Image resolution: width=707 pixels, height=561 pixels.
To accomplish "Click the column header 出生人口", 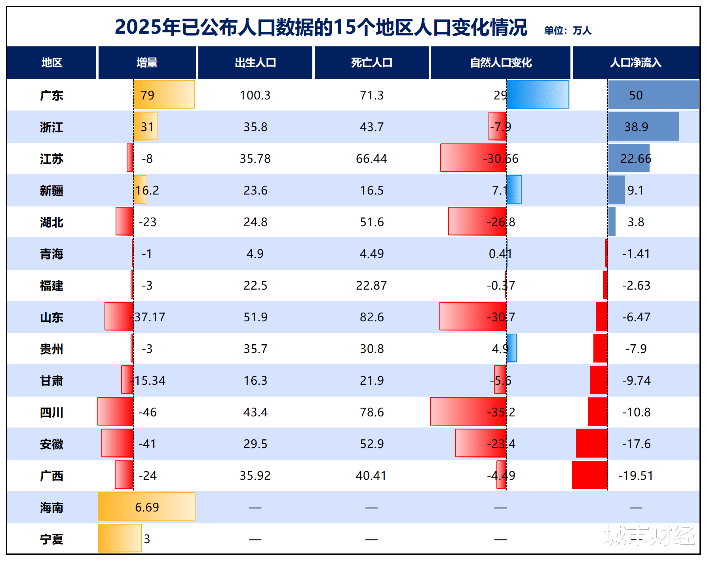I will pyautogui.click(x=255, y=63).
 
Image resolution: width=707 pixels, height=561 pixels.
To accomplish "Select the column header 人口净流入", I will pyautogui.click(x=635, y=63).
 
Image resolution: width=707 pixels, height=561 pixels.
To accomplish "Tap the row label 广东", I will pyautogui.click(x=51, y=95).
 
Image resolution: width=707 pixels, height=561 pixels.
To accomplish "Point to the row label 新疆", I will pyautogui.click(x=51, y=191).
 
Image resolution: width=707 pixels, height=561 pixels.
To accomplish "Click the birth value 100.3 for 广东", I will pyautogui.click(x=255, y=95).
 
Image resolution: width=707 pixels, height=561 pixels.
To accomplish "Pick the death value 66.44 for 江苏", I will pyautogui.click(x=371, y=159).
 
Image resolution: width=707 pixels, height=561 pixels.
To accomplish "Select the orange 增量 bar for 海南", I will pyautogui.click(x=146, y=506).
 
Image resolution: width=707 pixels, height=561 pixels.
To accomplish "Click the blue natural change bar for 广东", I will pyautogui.click(x=538, y=94).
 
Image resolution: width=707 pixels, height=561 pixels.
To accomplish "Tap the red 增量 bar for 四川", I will pyautogui.click(x=116, y=412).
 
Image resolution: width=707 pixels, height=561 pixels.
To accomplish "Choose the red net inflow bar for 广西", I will pyautogui.click(x=589, y=475).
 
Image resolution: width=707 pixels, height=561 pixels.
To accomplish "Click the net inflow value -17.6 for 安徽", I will pyautogui.click(x=636, y=444).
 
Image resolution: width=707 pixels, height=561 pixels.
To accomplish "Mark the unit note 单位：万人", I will pyautogui.click(x=568, y=31).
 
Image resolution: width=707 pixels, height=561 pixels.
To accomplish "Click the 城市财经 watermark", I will pyautogui.click(x=649, y=535).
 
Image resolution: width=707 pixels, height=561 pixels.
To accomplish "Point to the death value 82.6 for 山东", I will pyautogui.click(x=371, y=317).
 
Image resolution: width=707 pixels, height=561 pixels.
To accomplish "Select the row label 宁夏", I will pyautogui.click(x=51, y=539).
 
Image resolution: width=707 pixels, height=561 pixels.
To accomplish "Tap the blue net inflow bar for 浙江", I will pyautogui.click(x=643, y=126).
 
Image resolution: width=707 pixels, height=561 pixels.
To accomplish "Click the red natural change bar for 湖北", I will pyautogui.click(x=477, y=221).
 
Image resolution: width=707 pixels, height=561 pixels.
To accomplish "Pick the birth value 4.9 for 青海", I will pyautogui.click(x=255, y=254).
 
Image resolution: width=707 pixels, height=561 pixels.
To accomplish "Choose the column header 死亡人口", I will pyautogui.click(x=371, y=63).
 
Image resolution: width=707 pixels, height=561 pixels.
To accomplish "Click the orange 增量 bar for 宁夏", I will pyautogui.click(x=120, y=538).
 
